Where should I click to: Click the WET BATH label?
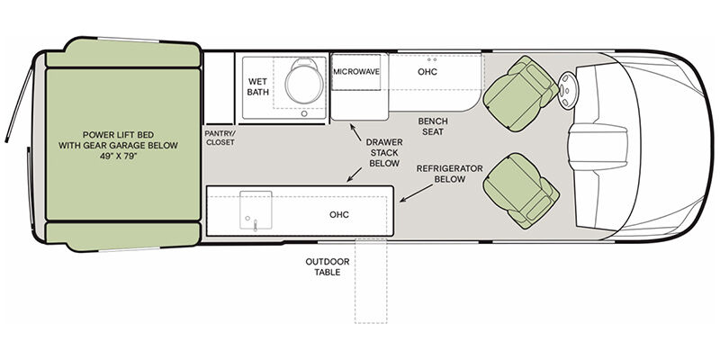(x=257, y=86)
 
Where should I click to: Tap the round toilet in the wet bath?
(x=304, y=83)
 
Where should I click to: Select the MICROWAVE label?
(x=356, y=72)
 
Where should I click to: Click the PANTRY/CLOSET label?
(x=220, y=138)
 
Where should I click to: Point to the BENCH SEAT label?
(x=433, y=126)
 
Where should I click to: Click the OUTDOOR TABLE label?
(x=328, y=266)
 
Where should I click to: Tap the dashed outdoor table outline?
(x=371, y=281)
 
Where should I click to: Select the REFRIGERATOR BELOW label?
(x=449, y=174)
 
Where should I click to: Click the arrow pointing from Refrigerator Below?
(x=417, y=193)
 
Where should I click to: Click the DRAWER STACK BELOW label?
(x=384, y=152)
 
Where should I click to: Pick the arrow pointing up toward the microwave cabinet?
(x=355, y=131)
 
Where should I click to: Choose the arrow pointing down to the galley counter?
(x=354, y=175)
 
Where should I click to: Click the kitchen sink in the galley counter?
(x=256, y=210)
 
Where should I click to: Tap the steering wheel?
(x=569, y=91)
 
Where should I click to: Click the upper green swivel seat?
(x=521, y=94)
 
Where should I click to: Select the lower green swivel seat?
(x=521, y=191)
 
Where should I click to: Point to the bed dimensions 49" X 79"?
(x=118, y=156)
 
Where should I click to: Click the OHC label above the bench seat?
(x=427, y=72)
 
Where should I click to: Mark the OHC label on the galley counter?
(x=339, y=214)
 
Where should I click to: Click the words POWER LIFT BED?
(x=119, y=135)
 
